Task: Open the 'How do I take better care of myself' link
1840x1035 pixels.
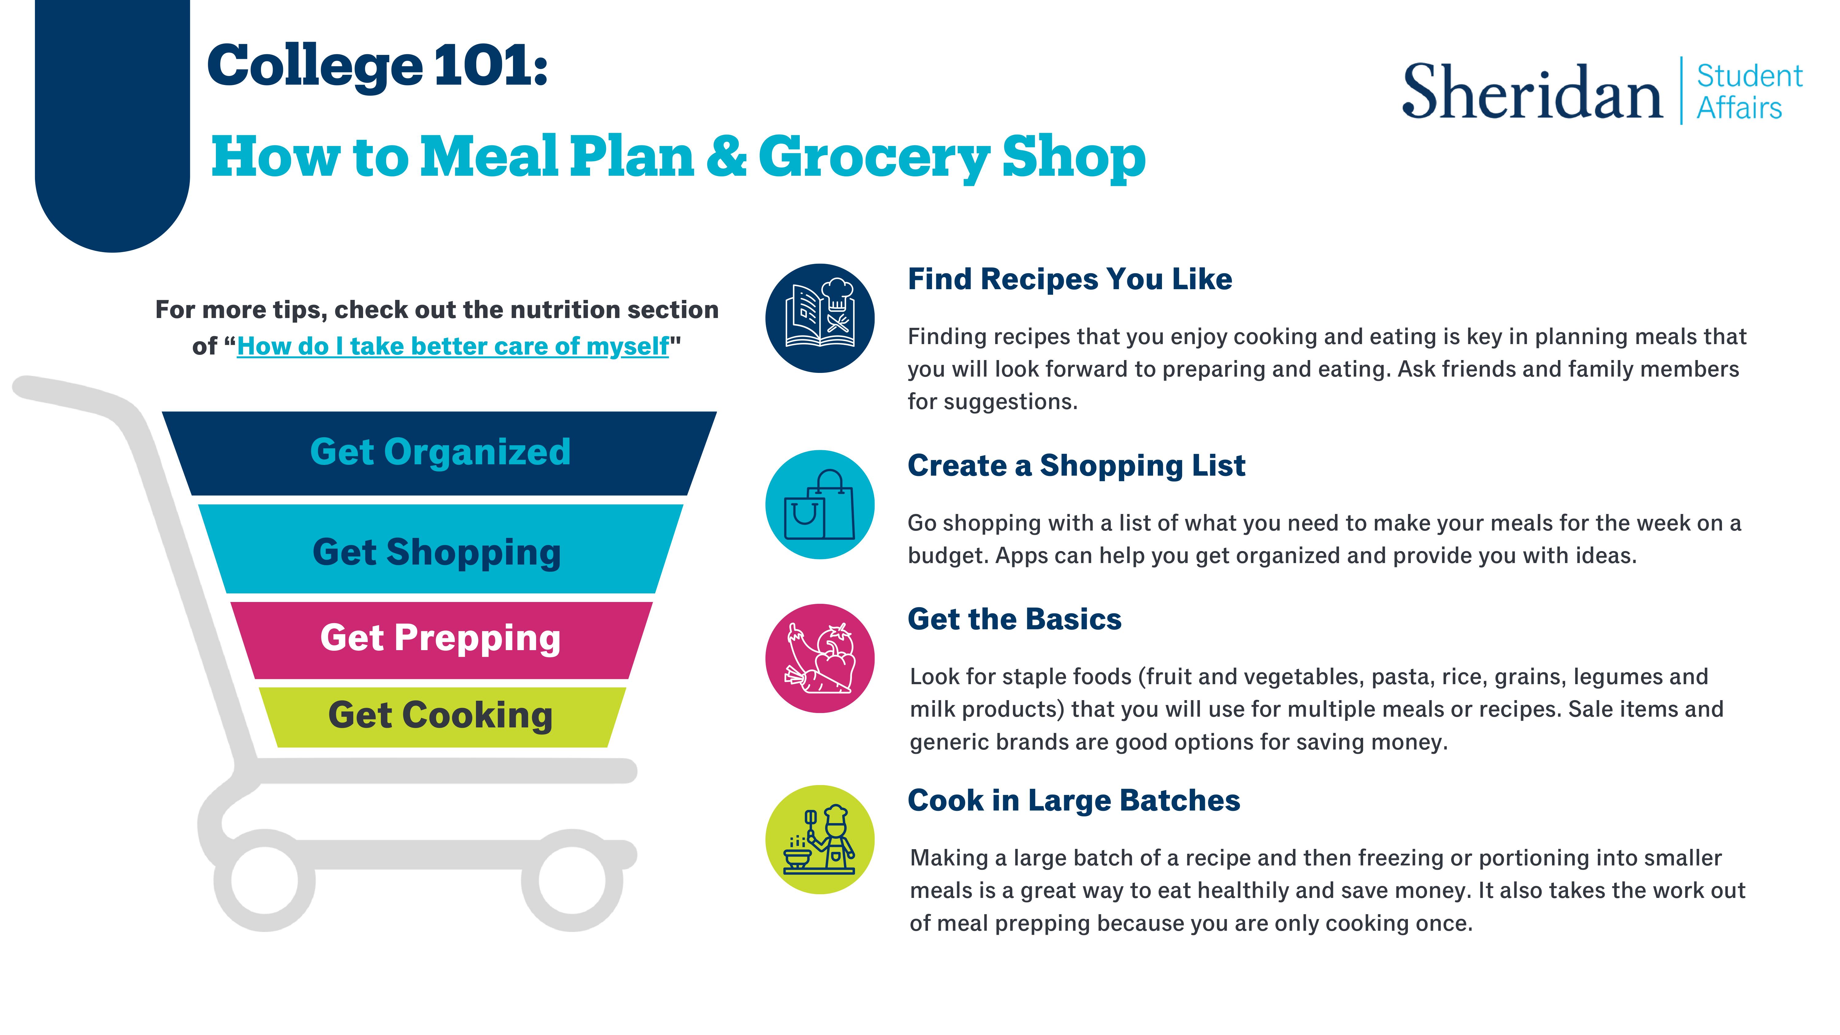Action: pos(453,347)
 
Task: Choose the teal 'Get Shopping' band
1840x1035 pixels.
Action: pos(439,550)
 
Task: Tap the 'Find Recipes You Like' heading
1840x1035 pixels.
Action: pos(1069,279)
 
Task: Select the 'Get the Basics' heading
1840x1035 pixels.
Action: pos(1014,619)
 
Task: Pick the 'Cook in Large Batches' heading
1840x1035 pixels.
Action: pos(1074,801)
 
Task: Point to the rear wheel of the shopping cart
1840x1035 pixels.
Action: pos(264,880)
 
